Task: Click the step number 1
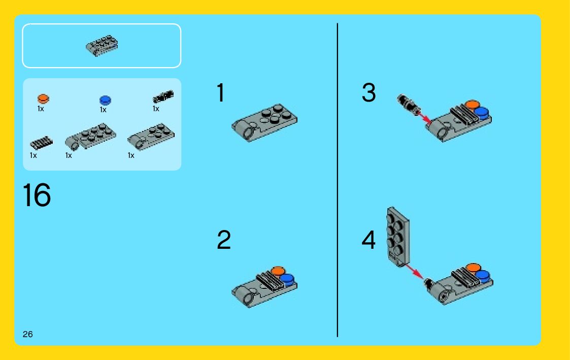pos(221,93)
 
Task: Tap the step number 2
pos(223,240)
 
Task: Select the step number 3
pos(368,92)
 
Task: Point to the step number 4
pos(368,240)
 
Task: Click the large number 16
pos(37,195)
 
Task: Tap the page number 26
pos(27,334)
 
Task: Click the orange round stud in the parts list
pos(43,99)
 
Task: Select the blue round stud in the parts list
pos(105,100)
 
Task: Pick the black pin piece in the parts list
pos(163,96)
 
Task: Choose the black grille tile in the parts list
pos(41,143)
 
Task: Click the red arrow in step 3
pos(424,118)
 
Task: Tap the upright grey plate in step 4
pos(398,237)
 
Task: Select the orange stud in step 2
pos(278,271)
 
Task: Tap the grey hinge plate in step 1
pos(264,122)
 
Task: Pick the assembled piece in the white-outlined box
pos(102,46)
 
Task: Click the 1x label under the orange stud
pos(41,109)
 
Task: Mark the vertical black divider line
pos(338,180)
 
